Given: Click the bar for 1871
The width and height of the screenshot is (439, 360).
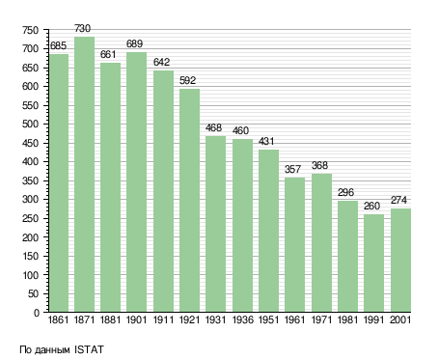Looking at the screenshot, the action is click(x=84, y=174).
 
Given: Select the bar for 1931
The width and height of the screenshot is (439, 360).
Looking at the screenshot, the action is click(x=215, y=224).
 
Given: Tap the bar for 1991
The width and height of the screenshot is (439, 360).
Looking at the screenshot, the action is click(x=373, y=263).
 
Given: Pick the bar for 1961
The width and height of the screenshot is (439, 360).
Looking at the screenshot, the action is click(x=294, y=244).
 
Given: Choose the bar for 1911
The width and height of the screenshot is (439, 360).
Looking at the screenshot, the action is click(x=163, y=191).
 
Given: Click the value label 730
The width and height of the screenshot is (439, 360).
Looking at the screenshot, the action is click(x=83, y=28).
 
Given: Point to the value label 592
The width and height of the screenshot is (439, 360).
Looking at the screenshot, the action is click(x=187, y=80).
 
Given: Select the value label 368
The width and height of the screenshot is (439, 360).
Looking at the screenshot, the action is click(x=319, y=165).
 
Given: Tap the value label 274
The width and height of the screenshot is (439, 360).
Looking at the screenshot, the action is click(x=398, y=200).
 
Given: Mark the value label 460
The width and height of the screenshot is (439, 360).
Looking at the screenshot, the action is click(x=240, y=130).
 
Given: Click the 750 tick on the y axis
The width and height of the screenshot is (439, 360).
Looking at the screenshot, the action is click(x=30, y=30).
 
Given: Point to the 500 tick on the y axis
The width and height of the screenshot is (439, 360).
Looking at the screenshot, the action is click(x=30, y=125).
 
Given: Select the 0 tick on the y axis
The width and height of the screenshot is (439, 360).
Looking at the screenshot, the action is click(x=37, y=313).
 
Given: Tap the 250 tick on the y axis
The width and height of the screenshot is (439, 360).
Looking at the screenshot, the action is click(x=30, y=218).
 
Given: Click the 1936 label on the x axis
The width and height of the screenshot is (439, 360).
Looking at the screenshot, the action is click(x=242, y=319).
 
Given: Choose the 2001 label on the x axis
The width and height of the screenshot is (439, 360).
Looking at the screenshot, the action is click(x=400, y=319).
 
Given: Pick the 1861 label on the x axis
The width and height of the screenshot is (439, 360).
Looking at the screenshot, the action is click(x=58, y=319).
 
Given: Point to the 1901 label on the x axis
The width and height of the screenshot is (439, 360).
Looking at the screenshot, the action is click(x=136, y=319).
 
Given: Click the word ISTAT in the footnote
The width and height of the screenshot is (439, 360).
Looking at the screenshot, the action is click(x=89, y=349).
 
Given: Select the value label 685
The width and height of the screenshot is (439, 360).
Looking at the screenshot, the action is click(x=58, y=45).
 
